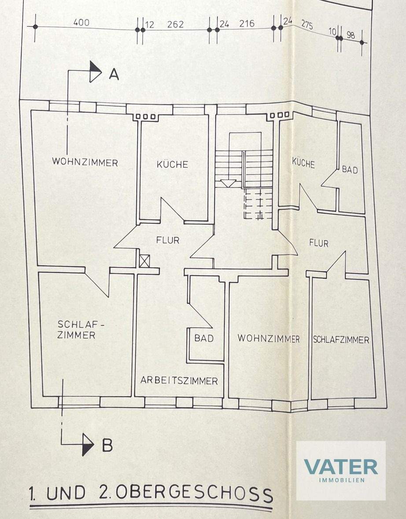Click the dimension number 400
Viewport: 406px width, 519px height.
click(81, 22)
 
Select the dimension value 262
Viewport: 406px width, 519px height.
click(175, 25)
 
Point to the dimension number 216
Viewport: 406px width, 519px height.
click(247, 24)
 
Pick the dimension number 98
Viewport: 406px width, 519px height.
click(351, 35)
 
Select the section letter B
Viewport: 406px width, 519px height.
click(107, 446)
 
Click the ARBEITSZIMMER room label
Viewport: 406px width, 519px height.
click(179, 381)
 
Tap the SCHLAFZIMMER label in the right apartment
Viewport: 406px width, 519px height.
click(341, 340)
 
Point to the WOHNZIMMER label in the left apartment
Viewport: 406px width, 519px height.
click(85, 163)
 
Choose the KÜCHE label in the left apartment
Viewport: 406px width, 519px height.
click(173, 164)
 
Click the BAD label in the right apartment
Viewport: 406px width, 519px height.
click(350, 170)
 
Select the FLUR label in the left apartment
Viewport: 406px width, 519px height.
click(167, 241)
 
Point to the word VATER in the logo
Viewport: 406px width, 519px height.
click(340, 467)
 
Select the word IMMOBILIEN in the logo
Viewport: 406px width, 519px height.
click(341, 480)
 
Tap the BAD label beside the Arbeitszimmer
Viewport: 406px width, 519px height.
click(204, 338)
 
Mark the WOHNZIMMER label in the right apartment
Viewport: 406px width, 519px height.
click(269, 339)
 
